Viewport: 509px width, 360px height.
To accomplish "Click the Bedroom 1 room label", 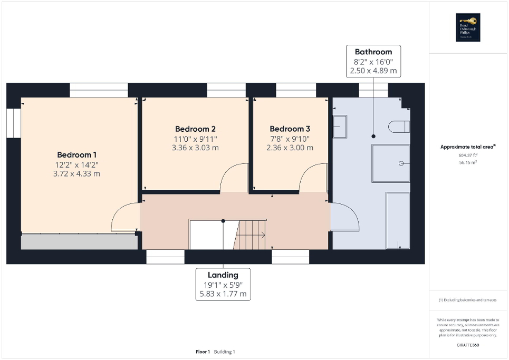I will click(76, 155).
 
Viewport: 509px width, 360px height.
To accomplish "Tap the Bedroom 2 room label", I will click(195, 129).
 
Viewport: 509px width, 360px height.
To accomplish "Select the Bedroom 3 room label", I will click(290, 129).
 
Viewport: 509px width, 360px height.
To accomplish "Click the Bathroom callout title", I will click(373, 52).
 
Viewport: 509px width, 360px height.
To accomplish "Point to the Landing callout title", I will click(223, 275).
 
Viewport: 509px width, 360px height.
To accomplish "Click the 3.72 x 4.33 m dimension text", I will click(76, 174).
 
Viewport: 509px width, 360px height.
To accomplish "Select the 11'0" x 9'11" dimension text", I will click(195, 139).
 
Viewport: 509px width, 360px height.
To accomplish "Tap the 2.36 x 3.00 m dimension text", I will click(290, 148).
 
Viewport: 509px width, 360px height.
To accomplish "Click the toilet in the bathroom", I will click(399, 127).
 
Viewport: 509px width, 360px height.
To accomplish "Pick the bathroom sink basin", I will click(340, 127).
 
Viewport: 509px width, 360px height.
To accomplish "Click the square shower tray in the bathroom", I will click(391, 163).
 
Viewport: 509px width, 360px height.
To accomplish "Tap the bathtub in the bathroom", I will click(398, 220).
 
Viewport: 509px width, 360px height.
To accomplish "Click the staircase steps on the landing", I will click(251, 235).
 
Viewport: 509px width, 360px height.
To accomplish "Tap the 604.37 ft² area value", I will click(468, 155).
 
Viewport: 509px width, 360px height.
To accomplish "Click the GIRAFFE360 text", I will click(468, 345).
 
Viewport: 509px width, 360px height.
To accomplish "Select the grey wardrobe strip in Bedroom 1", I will click(78, 241).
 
